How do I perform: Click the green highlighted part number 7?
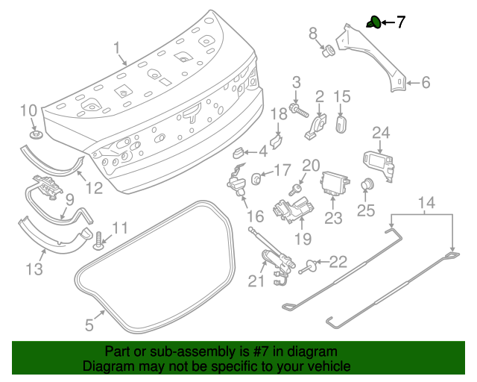tap(374, 22)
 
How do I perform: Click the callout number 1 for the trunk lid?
tap(118, 49)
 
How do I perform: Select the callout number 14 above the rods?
tap(426, 203)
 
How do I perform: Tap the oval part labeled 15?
tap(341, 123)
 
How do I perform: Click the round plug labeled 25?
tap(365, 185)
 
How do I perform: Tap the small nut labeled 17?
tap(256, 178)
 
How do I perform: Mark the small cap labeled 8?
tap(326, 51)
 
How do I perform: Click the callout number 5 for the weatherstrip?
tap(89, 325)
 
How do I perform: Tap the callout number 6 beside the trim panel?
tap(426, 83)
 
